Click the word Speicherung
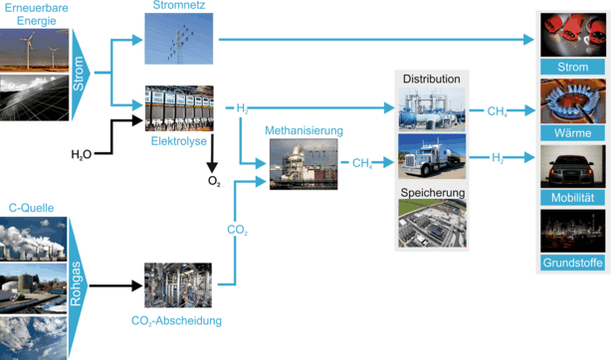429,191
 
